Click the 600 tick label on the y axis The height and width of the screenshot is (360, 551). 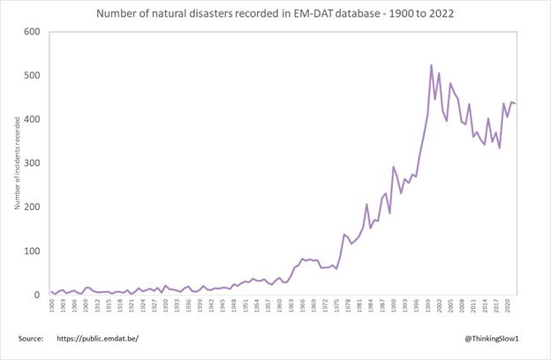(x=33, y=32)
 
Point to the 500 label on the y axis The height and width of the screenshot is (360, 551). (x=33, y=76)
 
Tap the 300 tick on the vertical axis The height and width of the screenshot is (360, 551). (x=33, y=163)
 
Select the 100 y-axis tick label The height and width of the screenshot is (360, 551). (x=33, y=251)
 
